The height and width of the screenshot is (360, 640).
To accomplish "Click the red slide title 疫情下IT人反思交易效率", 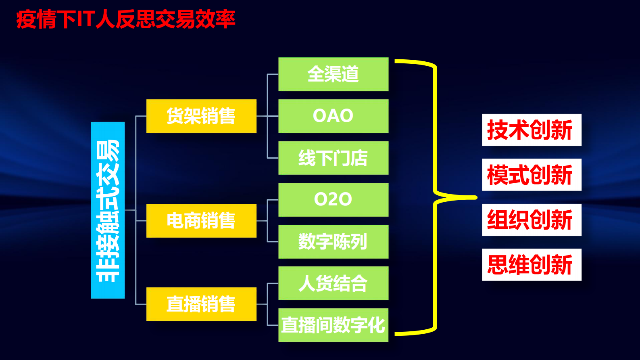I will coord(125,19).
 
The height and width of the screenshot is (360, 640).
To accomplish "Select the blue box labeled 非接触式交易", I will coord(108,210).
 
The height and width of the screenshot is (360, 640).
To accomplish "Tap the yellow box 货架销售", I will coord(201,116).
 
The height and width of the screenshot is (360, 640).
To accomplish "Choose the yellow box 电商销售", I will coord(201,221).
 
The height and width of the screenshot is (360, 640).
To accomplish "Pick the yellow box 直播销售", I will coord(201,304).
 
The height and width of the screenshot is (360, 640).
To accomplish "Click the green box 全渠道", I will coord(333,74).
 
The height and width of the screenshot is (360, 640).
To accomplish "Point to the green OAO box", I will coord(333,116).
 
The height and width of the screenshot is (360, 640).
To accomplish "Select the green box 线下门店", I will coord(333,158).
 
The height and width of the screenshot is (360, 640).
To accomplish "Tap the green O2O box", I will coord(333,200).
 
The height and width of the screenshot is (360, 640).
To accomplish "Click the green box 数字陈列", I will coord(333,242).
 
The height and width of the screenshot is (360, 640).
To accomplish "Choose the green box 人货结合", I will coord(333,283).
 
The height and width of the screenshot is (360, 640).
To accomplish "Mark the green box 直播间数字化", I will coord(333,325).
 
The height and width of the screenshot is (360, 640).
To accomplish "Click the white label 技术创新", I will coord(532,130).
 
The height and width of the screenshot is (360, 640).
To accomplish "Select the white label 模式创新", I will coord(532,175).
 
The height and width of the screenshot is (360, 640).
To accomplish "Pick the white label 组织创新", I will coord(532,220).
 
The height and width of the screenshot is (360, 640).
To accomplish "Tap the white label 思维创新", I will coord(532,265).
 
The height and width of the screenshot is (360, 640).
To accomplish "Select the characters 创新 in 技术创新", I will coord(551,130).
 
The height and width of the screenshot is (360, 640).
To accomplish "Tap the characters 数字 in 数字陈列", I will coord(315,242).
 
